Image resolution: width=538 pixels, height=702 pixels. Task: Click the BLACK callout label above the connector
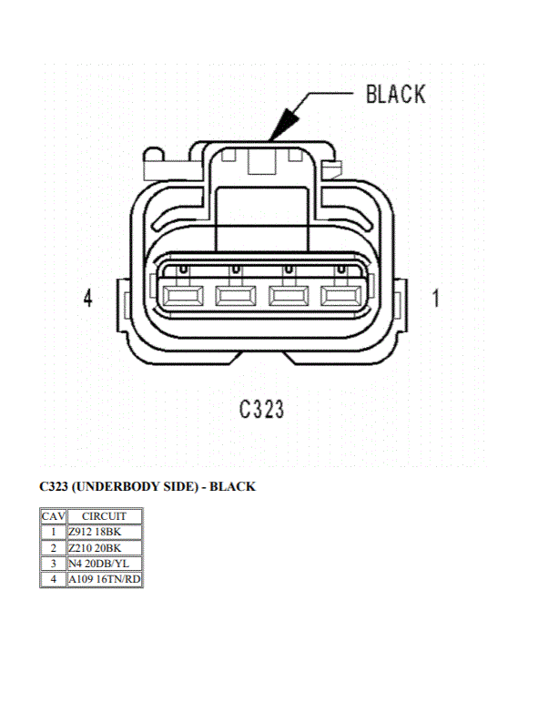point(396,95)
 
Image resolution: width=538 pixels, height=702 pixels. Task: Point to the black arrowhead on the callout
point(284,125)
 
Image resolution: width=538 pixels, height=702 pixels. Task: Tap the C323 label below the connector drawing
point(261,409)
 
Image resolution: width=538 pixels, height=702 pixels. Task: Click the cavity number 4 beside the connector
point(88,298)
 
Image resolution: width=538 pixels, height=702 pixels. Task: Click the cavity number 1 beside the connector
point(436,298)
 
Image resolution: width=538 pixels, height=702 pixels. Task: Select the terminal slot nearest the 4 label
point(183,296)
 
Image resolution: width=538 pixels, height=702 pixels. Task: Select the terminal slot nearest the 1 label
point(341,296)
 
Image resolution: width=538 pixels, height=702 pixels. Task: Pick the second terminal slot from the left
point(236,296)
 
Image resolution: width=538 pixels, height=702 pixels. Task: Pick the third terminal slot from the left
point(289,296)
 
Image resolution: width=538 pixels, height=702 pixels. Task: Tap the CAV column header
point(54,516)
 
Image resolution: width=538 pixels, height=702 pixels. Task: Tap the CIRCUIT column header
point(105,516)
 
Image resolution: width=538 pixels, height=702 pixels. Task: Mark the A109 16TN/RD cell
point(105,579)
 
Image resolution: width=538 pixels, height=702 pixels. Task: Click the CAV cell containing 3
point(54,564)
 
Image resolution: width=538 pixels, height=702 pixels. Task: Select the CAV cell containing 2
point(54,548)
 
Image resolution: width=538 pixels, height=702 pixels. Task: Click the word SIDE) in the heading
point(187,486)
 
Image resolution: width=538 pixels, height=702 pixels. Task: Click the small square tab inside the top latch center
point(263,161)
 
